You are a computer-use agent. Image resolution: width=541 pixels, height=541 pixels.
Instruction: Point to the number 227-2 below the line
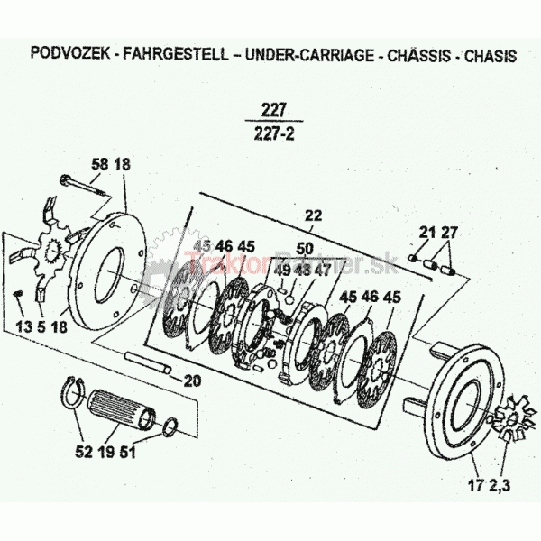point(274,134)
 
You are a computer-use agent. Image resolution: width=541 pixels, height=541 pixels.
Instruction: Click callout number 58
point(99,164)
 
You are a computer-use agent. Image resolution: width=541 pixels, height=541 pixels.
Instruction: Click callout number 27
point(448,234)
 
